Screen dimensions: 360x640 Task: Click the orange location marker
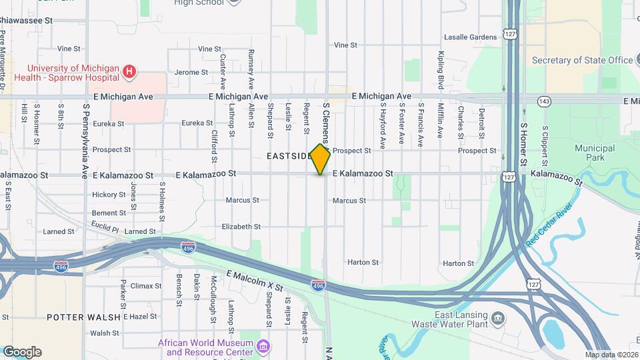coord(321,160)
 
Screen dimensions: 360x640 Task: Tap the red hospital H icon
coord(130,69)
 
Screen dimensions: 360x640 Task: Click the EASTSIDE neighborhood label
coord(289,156)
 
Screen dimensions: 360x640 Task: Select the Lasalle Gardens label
coord(470,37)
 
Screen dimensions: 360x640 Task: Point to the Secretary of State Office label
coord(582,60)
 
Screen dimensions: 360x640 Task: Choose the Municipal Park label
coord(594,153)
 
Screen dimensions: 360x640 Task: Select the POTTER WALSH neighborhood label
coord(84,317)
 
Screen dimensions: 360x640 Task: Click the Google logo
coord(22,352)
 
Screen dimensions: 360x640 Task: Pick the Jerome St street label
coord(191,72)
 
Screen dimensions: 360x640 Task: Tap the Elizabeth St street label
coord(241,227)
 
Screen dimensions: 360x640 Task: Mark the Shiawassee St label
coord(26,21)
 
